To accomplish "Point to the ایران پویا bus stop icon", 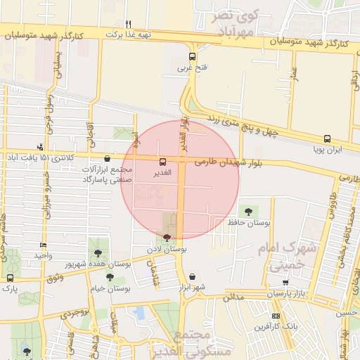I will tap(327, 139).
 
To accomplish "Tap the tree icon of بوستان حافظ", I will tap(247, 211).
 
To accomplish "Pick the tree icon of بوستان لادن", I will tap(167, 238).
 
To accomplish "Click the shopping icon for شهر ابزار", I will tap(193, 276).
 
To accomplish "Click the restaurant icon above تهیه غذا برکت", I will tap(127, 23).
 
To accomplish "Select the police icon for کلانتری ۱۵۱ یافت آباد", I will tap(41, 147).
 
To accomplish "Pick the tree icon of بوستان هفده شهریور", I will tap(97, 252).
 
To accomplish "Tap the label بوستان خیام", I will tap(112, 288).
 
